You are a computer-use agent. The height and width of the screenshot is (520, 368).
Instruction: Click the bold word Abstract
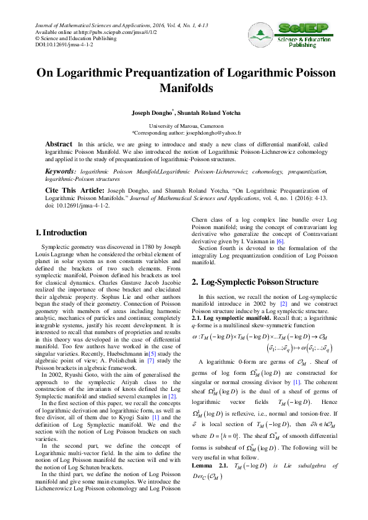tap(60, 144)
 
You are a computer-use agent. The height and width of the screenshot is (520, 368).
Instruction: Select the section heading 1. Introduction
tap(61, 232)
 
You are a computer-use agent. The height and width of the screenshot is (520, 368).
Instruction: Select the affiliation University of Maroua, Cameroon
tap(184, 126)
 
